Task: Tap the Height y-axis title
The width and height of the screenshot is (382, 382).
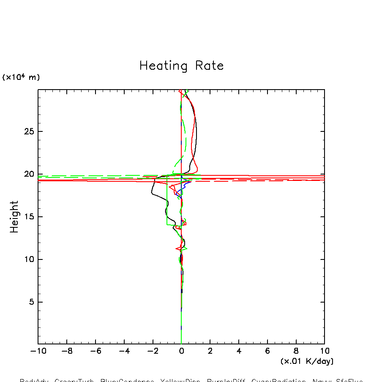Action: point(14,216)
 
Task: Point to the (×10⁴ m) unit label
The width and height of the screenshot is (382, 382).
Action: point(21,77)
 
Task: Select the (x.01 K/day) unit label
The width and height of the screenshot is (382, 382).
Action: point(307,361)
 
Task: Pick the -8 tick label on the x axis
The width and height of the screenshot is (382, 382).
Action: point(65,351)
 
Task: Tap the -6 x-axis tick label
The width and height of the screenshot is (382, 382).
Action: point(93,351)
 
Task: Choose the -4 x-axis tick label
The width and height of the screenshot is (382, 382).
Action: point(122,351)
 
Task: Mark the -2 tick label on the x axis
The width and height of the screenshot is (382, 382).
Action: point(151,351)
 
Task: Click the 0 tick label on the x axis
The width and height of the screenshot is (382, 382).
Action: point(181,351)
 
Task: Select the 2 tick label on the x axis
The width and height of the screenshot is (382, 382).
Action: point(210,351)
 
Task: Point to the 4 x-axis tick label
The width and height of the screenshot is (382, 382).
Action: point(239,351)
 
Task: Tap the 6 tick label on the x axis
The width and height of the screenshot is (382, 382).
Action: point(267,351)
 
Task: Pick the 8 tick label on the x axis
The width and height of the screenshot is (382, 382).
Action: point(296,351)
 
